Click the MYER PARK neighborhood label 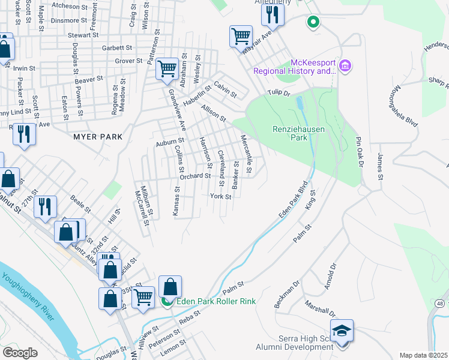pos(97,137)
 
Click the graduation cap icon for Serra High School pos(342,331)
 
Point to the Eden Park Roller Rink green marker pos(169,302)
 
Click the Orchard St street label pos(195,176)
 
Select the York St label pos(220,196)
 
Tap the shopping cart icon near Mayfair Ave pos(241,37)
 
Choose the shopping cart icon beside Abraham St pos(166,68)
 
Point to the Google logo pos(20,353)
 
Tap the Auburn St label pos(169,143)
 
